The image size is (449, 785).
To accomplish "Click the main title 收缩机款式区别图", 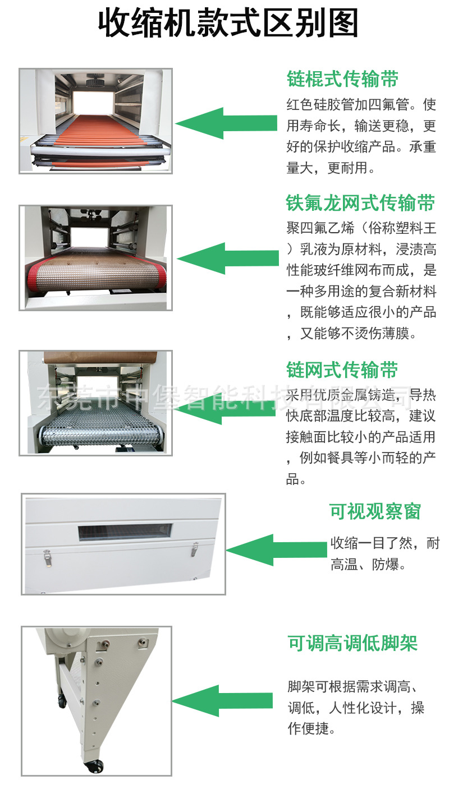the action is [x=228, y=23].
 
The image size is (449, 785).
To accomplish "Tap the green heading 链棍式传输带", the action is [x=342, y=78].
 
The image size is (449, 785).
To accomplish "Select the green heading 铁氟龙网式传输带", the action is [x=360, y=202].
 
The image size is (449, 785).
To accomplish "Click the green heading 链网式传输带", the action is [x=342, y=370].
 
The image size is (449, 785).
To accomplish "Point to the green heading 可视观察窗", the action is [x=375, y=511].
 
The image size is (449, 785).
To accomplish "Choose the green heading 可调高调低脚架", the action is [x=352, y=643].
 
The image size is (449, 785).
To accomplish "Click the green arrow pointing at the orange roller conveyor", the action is [x=226, y=123].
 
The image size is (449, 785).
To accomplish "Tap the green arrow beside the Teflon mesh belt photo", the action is [x=228, y=258].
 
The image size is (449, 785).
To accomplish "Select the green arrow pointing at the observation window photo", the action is [x=277, y=550].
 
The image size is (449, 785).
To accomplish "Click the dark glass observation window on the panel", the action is [x=125, y=532].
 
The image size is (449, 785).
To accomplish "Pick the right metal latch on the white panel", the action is [x=195, y=548].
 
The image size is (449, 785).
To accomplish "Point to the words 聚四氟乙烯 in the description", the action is [x=320, y=228].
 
